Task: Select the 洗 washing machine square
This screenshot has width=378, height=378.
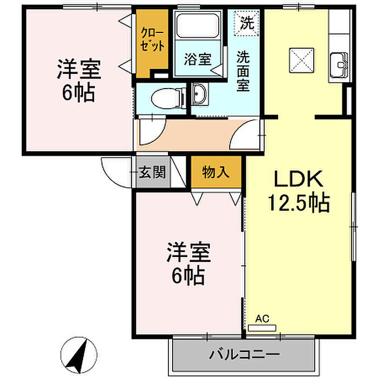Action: click(246, 23)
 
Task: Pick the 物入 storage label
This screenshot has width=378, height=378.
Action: click(215, 172)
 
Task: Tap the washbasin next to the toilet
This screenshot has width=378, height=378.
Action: click(198, 96)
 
